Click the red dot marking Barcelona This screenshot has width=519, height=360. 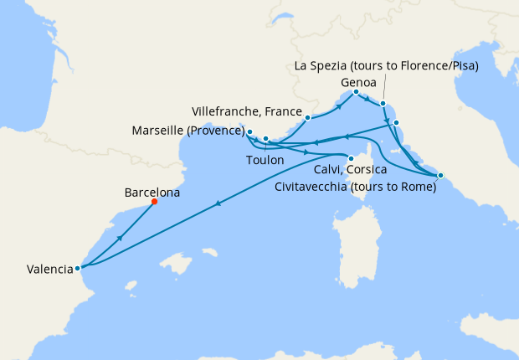(x=154, y=202)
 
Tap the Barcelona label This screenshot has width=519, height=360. (x=152, y=192)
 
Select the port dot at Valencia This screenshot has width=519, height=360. (x=77, y=269)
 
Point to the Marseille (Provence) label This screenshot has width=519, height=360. (x=188, y=131)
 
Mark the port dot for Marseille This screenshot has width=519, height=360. (x=249, y=131)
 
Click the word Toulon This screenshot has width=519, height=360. (x=265, y=159)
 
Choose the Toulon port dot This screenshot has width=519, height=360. (x=265, y=139)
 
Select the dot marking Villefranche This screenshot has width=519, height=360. (x=308, y=118)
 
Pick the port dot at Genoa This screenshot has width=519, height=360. (x=357, y=91)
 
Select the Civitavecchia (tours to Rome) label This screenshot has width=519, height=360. (x=356, y=188)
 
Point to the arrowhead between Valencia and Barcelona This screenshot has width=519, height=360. (x=121, y=238)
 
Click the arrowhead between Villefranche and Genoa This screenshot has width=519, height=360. (x=339, y=107)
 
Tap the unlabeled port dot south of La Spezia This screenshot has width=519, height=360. (x=397, y=123)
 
